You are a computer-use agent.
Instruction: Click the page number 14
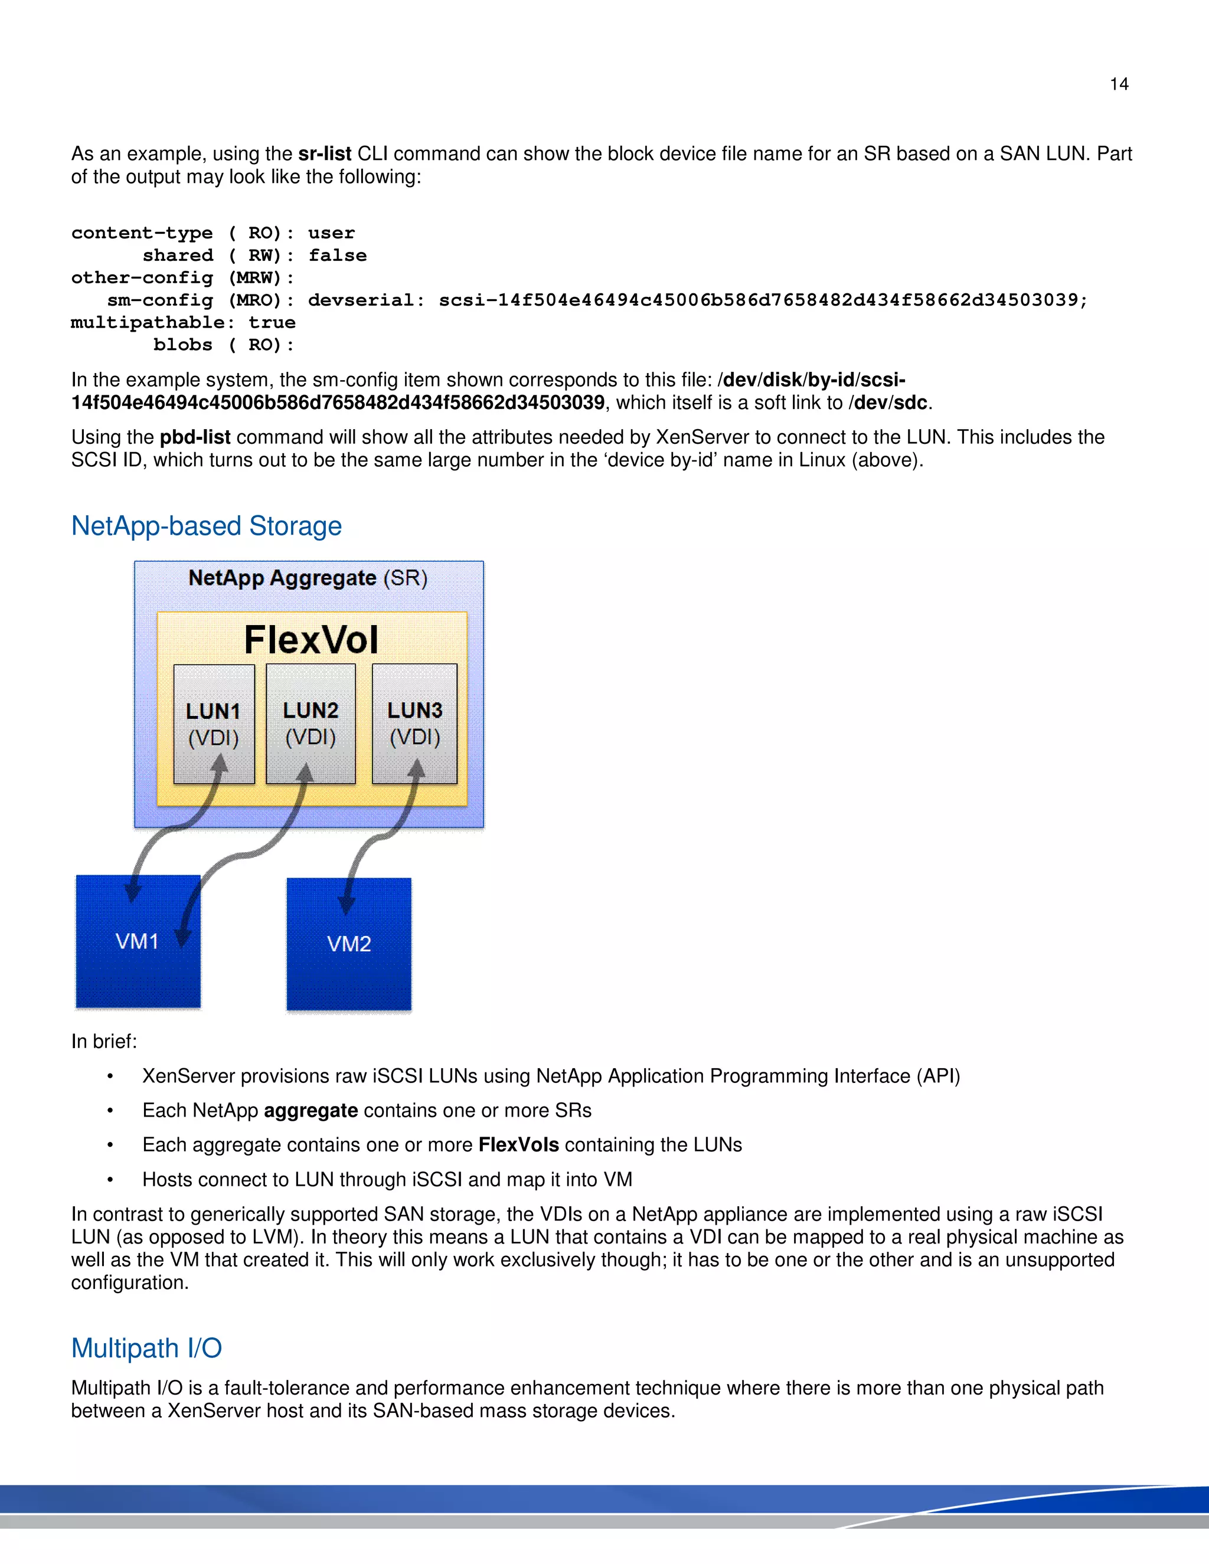tap(1119, 84)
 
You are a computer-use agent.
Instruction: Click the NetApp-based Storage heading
tap(206, 526)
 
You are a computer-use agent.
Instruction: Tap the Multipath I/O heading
tap(146, 1349)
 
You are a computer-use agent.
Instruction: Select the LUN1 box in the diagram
tap(214, 724)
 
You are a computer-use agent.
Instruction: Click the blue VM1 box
tap(138, 941)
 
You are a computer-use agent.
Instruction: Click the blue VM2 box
tap(349, 944)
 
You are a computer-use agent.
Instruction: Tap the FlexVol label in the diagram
tap(311, 640)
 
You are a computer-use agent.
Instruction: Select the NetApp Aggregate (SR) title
tap(308, 578)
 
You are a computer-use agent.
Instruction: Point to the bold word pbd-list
tap(195, 437)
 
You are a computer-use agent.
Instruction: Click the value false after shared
tap(337, 256)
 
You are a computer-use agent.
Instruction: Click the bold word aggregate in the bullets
tap(311, 1111)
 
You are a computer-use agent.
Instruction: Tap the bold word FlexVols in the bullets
tap(518, 1145)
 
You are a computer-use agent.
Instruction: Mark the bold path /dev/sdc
tap(889, 403)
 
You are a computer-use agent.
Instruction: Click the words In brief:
tap(104, 1041)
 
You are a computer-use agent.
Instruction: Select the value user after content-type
tap(331, 234)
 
